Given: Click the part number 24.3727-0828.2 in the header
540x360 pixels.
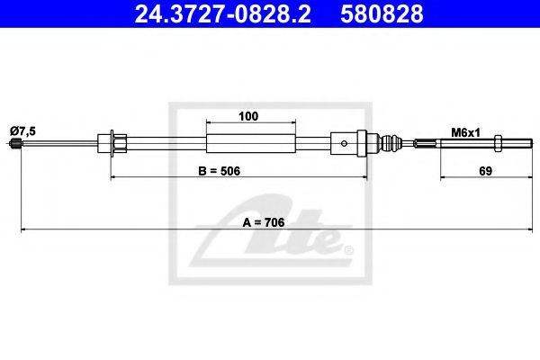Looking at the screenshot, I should click(226, 15).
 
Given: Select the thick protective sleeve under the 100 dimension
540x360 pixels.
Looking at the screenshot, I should click(250, 142).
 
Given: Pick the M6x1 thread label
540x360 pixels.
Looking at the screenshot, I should click(465, 131).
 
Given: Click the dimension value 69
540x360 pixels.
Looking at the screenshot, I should click(484, 171).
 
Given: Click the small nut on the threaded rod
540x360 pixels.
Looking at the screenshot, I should click(486, 142).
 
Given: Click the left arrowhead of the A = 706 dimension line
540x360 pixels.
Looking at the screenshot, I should click(25, 231).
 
